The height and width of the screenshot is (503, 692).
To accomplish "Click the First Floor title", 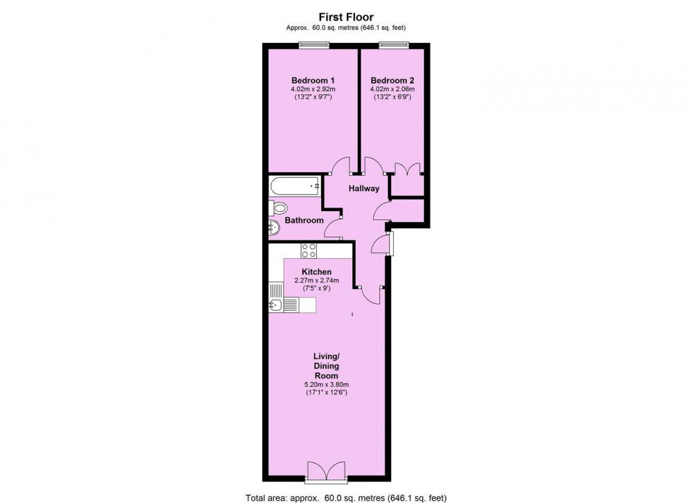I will tap(346, 16).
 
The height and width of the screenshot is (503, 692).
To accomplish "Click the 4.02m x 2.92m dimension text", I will tap(313, 89).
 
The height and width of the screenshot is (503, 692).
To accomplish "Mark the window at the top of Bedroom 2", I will tap(394, 45).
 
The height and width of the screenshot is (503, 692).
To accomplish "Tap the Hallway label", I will tap(363, 188).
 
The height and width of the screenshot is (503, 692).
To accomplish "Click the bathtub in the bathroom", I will tap(293, 185).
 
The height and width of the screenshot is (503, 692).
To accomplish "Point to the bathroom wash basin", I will tap(273, 229).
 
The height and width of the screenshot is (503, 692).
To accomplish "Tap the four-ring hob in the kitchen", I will tap(309, 250).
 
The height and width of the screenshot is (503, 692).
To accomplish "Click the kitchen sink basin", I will tap(274, 304).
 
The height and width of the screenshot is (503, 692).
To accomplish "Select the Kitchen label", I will tap(316, 271).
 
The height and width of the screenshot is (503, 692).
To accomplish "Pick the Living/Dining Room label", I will tap(325, 366).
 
